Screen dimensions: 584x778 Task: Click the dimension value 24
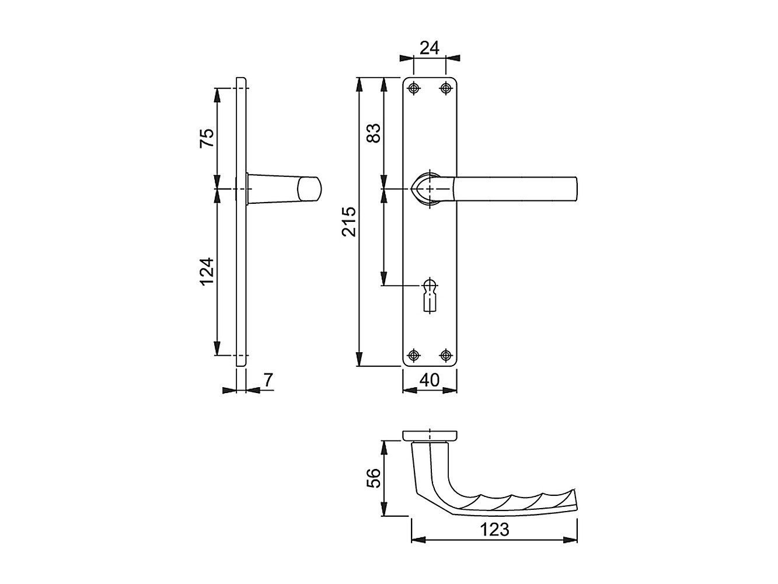tap(430, 48)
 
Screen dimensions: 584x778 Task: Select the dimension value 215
tap(349, 221)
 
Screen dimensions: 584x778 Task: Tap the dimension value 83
tap(375, 133)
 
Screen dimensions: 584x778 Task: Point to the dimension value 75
tap(208, 138)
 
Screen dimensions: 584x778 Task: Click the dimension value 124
tap(208, 272)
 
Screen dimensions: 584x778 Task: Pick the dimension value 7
tap(268, 380)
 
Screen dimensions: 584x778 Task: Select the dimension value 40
tap(430, 380)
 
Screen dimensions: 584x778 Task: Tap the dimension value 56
tap(375, 478)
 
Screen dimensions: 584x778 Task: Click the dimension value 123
tap(494, 529)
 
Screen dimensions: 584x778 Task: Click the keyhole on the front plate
tap(430, 295)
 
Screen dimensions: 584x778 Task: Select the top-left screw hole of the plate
tap(414, 88)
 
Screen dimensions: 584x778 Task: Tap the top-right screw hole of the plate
tap(446, 88)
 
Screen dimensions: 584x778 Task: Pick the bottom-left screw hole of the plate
tap(414, 354)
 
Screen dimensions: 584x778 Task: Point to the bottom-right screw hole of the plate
tap(446, 354)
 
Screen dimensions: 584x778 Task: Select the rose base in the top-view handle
tap(430, 435)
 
